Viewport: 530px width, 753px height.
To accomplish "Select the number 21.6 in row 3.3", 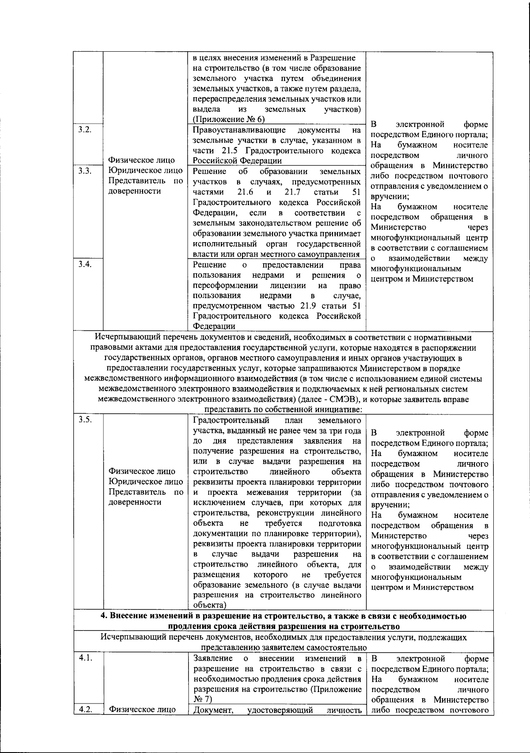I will pyautogui.click(x=246, y=192).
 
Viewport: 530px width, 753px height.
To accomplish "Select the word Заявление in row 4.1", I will pyautogui.click(x=211, y=658).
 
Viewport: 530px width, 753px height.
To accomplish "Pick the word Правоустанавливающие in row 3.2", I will pyautogui.click(x=239, y=130).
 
